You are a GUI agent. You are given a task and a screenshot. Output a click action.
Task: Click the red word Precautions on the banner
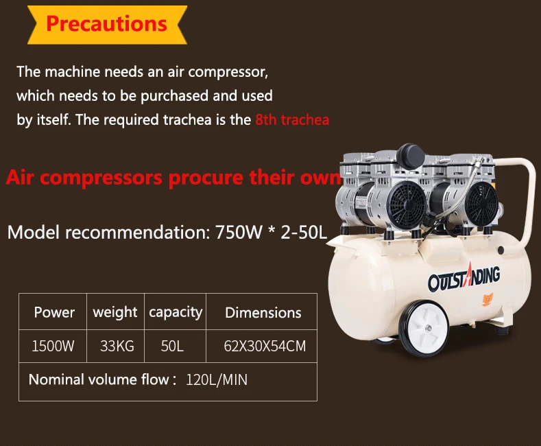click(x=106, y=23)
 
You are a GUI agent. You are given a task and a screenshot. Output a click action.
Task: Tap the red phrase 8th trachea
click(x=292, y=120)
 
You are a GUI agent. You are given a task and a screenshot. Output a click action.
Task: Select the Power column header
click(x=54, y=312)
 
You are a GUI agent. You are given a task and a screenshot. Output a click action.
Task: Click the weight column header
click(x=115, y=312)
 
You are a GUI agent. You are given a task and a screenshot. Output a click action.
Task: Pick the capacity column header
click(x=176, y=312)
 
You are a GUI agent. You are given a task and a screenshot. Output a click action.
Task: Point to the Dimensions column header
click(x=263, y=313)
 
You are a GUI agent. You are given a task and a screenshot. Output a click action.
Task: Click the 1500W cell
click(x=53, y=346)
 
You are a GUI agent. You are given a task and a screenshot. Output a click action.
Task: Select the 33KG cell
click(x=117, y=346)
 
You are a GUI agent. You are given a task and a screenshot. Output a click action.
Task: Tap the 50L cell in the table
click(x=172, y=346)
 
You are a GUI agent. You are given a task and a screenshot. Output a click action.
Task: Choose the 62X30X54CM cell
click(x=265, y=346)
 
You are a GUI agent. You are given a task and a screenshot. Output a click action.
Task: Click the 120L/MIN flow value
click(x=217, y=379)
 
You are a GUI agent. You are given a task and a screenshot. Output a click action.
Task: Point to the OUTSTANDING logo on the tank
click(x=464, y=278)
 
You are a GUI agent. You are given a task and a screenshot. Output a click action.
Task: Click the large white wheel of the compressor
click(x=424, y=328)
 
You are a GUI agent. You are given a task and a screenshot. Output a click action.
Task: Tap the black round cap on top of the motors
click(x=410, y=156)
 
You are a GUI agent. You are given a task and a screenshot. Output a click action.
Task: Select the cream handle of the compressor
click(x=525, y=200)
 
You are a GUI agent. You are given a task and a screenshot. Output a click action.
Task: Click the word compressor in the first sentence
click(x=228, y=72)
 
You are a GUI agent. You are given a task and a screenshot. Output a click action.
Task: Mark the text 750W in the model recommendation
click(x=239, y=232)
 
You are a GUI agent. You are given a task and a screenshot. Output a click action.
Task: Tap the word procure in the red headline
click(x=206, y=178)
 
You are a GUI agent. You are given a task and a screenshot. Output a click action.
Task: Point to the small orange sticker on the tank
click(x=488, y=299)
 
